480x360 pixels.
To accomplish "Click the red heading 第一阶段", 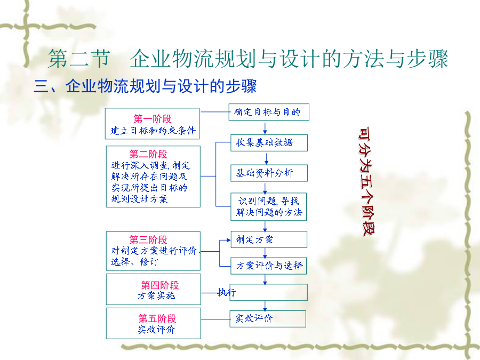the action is pyautogui.click(x=153, y=119).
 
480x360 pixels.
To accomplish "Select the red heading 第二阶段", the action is pyautogui.click(x=148, y=154).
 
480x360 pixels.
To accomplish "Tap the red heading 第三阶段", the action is pyautogui.click(x=148, y=239).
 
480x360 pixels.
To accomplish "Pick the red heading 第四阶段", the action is pyautogui.click(x=160, y=285).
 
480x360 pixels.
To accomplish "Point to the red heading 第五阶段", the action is pyautogui.click(x=157, y=318).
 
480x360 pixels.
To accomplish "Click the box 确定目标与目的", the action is pyautogui.click(x=269, y=112).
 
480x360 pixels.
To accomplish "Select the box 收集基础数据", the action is pyautogui.click(x=269, y=142).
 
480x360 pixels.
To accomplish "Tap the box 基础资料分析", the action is pyautogui.click(x=269, y=173).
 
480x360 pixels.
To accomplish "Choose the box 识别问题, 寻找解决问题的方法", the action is pyautogui.click(x=268, y=206).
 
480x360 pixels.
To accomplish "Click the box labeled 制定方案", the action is pyautogui.click(x=269, y=239).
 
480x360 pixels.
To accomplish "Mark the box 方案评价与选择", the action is pyautogui.click(x=268, y=266).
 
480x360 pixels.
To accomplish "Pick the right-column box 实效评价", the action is pyautogui.click(x=268, y=319).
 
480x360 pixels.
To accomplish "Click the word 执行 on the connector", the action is pyautogui.click(x=227, y=292).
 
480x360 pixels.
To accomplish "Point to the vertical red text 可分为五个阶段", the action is pyautogui.click(x=366, y=181).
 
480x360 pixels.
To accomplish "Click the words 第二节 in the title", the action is pyautogui.click(x=79, y=59).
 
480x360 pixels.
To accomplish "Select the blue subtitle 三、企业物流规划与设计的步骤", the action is pyautogui.click(x=145, y=86).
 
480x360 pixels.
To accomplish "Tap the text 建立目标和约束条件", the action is pyautogui.click(x=153, y=131).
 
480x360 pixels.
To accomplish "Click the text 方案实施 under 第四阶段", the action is pyautogui.click(x=156, y=295).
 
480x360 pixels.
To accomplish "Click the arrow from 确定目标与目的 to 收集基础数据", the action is pyautogui.click(x=265, y=127).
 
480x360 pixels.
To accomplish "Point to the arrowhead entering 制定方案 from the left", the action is pyautogui.click(x=229, y=241).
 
